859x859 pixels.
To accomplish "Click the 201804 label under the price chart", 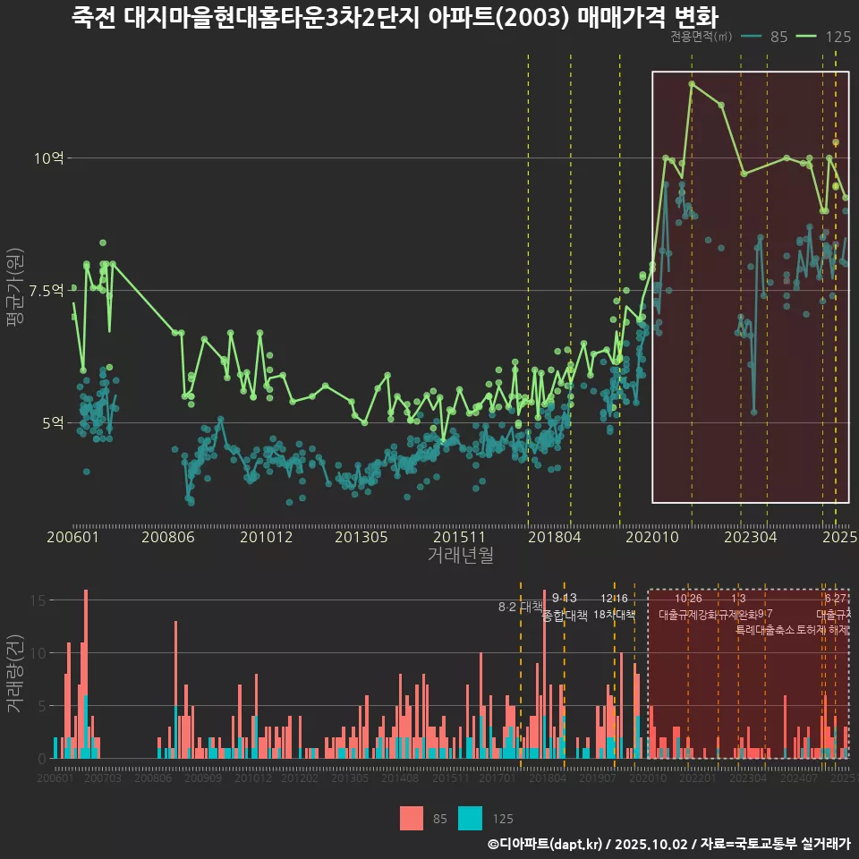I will (555, 538).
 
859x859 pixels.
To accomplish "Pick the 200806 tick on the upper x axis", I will (168, 538).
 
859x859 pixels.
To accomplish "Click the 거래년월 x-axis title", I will (460, 556).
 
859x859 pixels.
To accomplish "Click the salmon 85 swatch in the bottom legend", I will (411, 818).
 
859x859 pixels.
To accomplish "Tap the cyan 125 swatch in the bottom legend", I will (470, 818).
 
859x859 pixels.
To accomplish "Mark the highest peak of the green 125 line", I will (692, 84).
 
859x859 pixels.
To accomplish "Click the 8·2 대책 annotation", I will (521, 607).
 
